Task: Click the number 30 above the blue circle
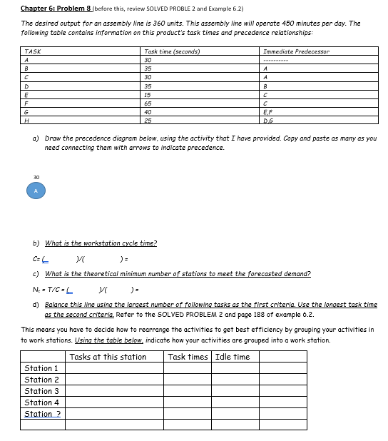pyautogui.click(x=36, y=178)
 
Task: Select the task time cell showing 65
pyautogui.click(x=148, y=103)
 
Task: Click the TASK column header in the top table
pyautogui.click(x=31, y=52)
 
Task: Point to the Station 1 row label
pyautogui.click(x=42, y=368)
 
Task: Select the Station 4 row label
pyautogui.click(x=42, y=402)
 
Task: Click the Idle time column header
pyautogui.click(x=233, y=357)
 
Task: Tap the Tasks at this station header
pyautogui.click(x=108, y=357)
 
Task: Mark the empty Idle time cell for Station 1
pyautogui.click(x=235, y=368)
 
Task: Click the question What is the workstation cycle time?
pyautogui.click(x=101, y=243)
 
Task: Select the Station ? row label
pyautogui.click(x=42, y=414)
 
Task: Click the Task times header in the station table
pyautogui.click(x=188, y=357)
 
